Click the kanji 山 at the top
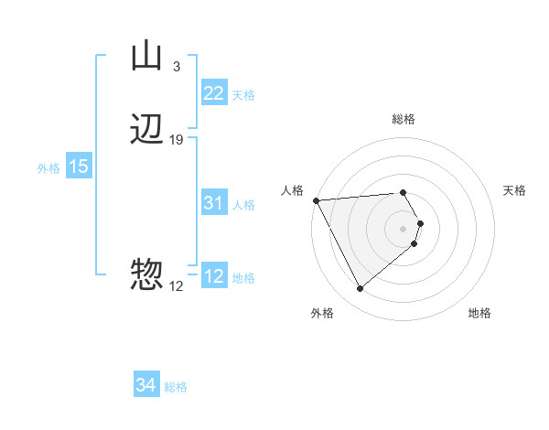coord(146,57)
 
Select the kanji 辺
coord(146,130)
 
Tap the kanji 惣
coord(146,274)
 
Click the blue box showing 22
coord(213,93)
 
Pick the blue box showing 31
coord(213,204)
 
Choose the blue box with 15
coord(78,167)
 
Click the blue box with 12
coord(213,277)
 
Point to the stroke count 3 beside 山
coord(176,66)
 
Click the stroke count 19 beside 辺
coord(177,139)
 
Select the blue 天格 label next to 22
coord(243,95)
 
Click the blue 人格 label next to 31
coord(243,205)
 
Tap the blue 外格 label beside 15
coord(48,168)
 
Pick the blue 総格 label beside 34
coord(176,387)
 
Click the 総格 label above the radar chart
coord(404,119)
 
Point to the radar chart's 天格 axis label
coord(515,190)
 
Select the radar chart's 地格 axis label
coord(479,313)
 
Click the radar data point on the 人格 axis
coord(316,200)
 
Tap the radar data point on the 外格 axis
coord(360,289)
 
